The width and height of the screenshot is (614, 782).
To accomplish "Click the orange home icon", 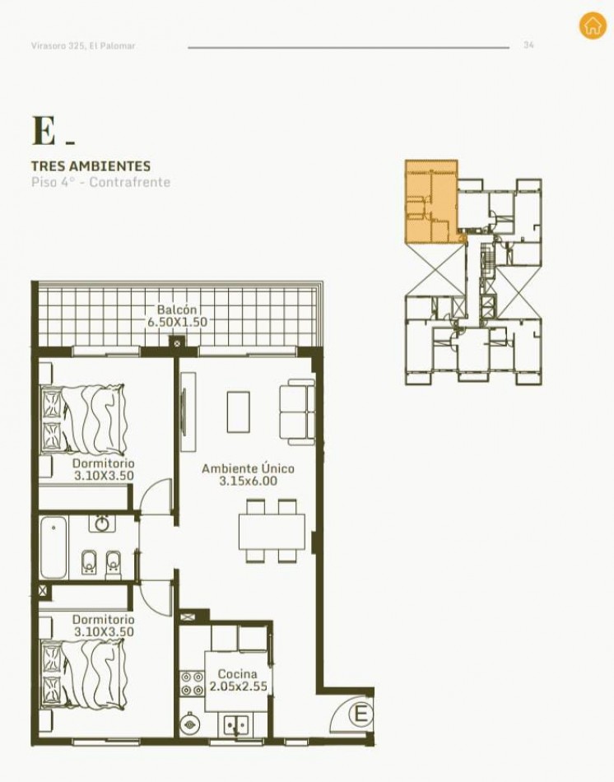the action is pos(593,26).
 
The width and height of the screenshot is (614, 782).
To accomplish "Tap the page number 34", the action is pos(528,45).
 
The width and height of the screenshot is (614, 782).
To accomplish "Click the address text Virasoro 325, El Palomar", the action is pos(83,45).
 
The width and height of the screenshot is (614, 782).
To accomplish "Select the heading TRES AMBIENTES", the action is pos(91,165).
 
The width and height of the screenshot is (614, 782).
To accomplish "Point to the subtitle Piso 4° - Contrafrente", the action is pos(100,182).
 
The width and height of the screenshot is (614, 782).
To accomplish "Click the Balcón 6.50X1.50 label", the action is pos(177,316).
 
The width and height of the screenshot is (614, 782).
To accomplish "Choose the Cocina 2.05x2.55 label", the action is pos(238,680).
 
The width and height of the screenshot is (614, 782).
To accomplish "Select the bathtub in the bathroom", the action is pos(53,548).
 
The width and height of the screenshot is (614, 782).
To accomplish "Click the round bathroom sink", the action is pos(102,524).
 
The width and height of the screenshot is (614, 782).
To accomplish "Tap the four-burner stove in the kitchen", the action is pos(192,683).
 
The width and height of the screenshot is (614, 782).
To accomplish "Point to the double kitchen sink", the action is pos(235,724).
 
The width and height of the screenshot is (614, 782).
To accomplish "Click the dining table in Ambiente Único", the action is pos(272,532).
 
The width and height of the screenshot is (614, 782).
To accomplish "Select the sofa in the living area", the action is pos(297,412).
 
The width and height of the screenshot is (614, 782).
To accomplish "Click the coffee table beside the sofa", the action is pos(239,412).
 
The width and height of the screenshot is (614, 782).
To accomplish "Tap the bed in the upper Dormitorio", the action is pos(83,420).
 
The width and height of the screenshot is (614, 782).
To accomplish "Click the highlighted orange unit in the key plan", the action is pos(431,202).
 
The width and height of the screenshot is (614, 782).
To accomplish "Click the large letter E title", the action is pos(44,131).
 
